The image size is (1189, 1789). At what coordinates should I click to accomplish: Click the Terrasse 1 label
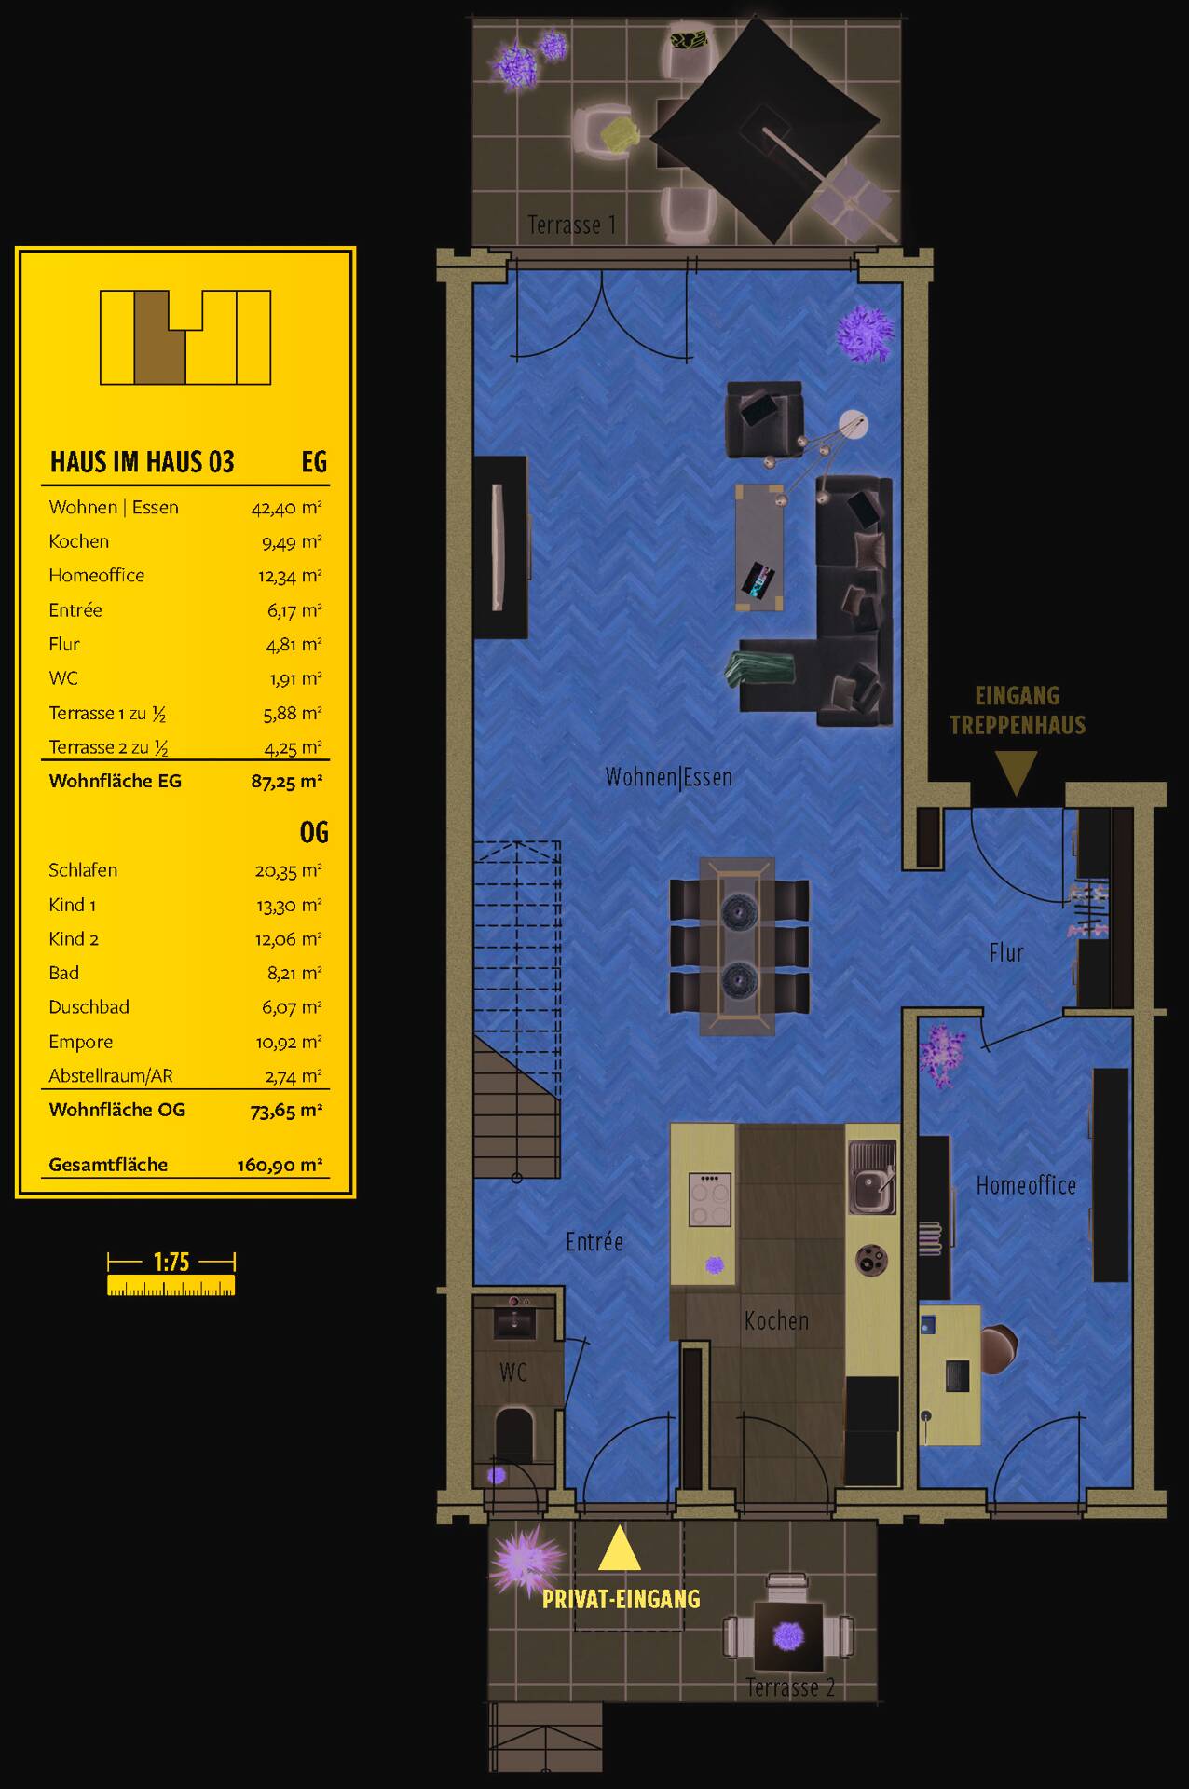coord(571,225)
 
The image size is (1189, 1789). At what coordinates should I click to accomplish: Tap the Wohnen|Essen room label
coord(668,777)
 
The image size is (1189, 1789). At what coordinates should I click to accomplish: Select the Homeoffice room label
coord(1026,1185)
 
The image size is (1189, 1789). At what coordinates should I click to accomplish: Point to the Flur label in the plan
coord(1006,952)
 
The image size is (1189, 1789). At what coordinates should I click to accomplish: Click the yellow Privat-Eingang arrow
coord(619,1549)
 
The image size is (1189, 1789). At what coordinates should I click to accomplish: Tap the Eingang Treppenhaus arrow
coord(1016,772)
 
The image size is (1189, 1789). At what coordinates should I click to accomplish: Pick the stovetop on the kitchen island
coord(709,1199)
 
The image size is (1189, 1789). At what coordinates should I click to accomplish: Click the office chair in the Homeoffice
coord(997,1348)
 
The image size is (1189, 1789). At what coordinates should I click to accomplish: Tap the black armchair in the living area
coord(764,420)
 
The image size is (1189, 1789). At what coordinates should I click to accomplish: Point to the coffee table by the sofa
coord(758,547)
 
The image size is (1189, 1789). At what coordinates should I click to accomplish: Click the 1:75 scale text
coord(171,1263)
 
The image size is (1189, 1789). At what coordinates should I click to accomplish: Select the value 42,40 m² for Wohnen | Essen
coord(286,508)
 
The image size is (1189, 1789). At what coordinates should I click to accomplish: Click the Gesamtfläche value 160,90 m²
coord(280,1165)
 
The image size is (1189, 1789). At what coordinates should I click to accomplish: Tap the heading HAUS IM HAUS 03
coord(142,462)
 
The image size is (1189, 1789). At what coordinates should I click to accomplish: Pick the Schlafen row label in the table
coord(83,870)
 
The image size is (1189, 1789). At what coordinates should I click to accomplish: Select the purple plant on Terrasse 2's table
coord(788,1635)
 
